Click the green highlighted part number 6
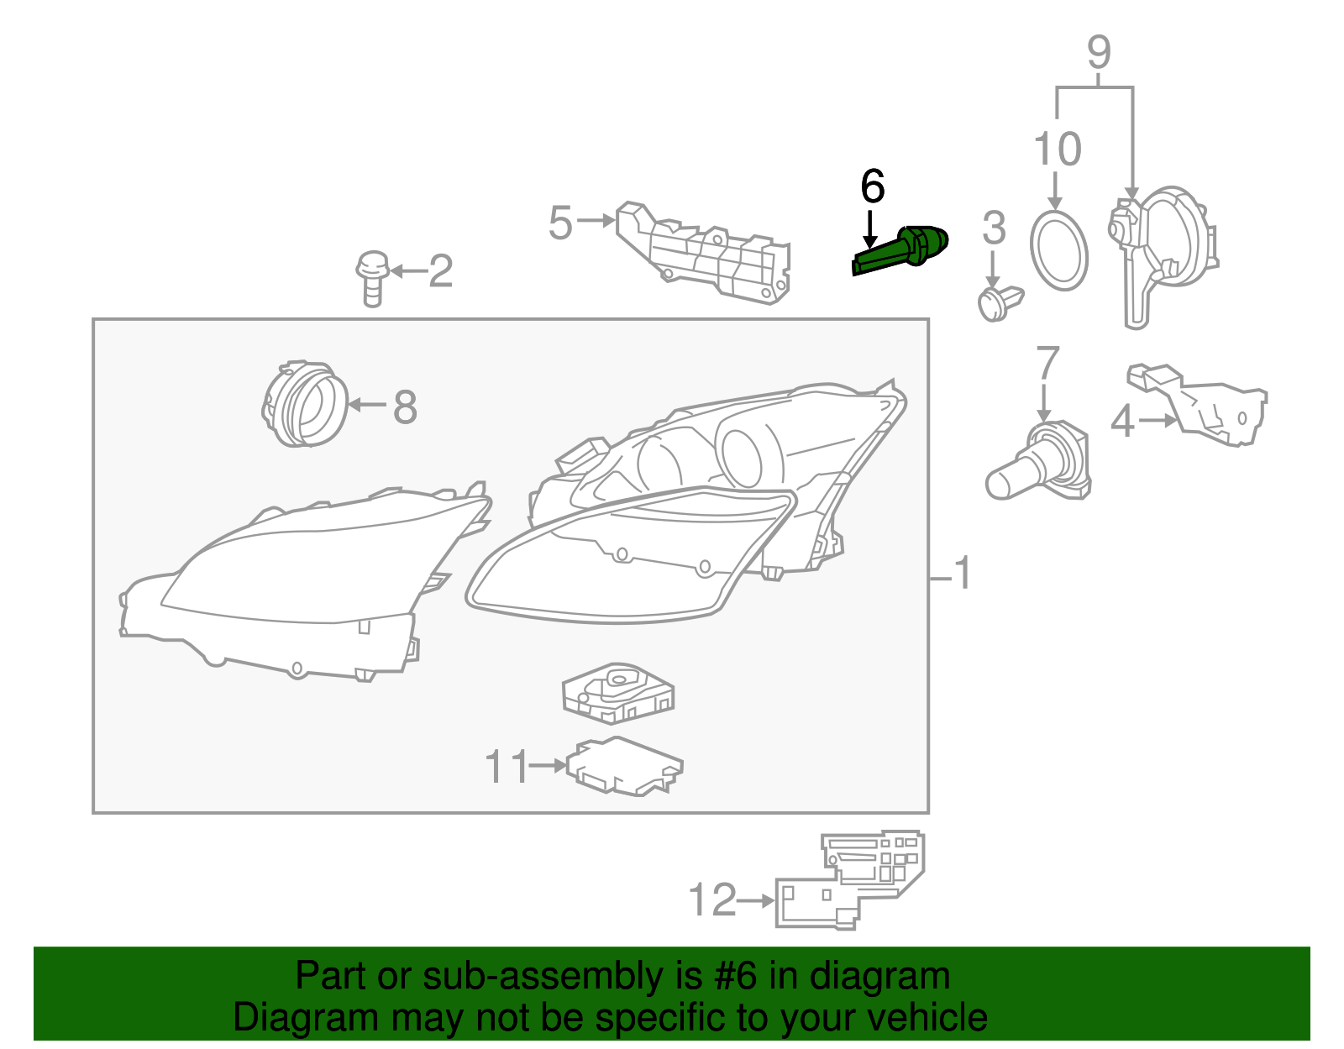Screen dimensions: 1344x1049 click(900, 251)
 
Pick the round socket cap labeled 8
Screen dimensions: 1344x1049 click(304, 403)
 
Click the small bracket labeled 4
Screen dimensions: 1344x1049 click(1197, 405)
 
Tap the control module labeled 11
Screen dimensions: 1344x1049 click(625, 767)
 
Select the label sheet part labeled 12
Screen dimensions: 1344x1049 click(850, 881)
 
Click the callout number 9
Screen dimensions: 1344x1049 click(1099, 52)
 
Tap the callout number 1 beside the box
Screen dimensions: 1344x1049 click(963, 573)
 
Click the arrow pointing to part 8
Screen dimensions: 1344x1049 click(367, 406)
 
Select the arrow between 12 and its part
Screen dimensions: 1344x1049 click(756, 900)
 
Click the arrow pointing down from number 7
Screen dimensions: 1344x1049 click(1045, 403)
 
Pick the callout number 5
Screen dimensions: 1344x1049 click(560, 223)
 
